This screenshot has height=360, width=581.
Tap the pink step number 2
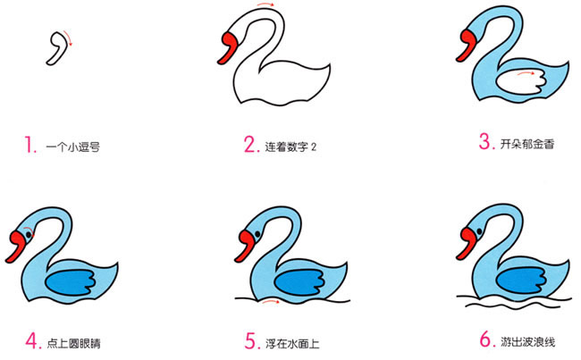(250, 145)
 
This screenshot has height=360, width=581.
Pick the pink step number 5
(250, 340)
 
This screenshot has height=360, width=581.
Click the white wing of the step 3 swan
(517, 83)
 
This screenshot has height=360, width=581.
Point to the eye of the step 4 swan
(27, 235)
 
